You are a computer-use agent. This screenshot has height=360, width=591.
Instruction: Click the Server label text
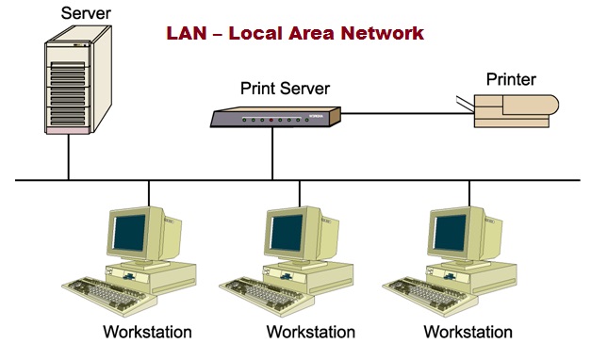[85, 13]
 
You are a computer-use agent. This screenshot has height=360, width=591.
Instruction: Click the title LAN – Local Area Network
[294, 33]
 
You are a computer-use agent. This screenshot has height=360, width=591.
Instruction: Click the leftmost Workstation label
[147, 333]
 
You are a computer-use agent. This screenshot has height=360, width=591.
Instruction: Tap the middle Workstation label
[310, 333]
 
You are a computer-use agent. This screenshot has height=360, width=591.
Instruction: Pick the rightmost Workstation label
[468, 333]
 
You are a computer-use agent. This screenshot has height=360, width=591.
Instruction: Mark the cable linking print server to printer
[405, 114]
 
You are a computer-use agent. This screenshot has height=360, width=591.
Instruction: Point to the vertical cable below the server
[68, 160]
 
